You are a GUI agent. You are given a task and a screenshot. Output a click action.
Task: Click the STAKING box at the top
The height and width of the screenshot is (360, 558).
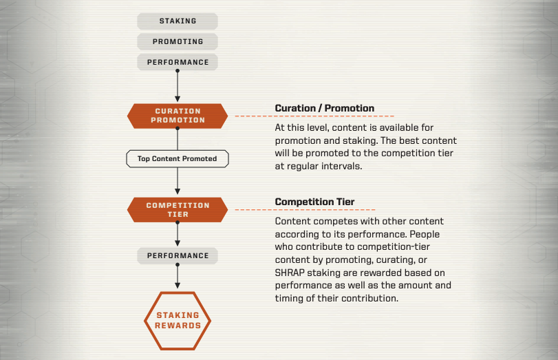point(178,21)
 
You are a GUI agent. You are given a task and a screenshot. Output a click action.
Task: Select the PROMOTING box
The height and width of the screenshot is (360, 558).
point(178,42)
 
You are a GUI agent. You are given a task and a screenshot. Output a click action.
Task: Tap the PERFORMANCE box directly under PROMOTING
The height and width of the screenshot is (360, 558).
point(178,63)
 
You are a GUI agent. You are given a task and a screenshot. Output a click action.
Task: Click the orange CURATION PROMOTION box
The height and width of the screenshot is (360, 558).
point(178,116)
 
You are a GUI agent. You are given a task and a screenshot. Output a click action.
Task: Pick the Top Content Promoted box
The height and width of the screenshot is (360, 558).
point(178,159)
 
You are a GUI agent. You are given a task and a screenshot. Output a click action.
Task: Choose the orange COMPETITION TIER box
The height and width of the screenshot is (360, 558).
point(178,210)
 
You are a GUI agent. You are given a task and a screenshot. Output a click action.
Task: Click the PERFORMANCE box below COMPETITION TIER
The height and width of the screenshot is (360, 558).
point(178,255)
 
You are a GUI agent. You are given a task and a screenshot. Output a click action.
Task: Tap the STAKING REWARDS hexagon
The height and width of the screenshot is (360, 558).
point(178,321)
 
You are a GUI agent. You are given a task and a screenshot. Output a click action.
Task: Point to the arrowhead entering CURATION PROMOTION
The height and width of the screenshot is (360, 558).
point(178,98)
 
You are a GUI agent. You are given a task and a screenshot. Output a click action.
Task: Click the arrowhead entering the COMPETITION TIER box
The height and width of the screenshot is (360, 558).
point(178,191)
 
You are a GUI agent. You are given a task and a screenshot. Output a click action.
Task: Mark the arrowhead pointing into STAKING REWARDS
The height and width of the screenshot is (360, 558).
point(178,285)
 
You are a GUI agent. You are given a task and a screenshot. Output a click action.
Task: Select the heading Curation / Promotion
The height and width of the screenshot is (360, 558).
point(325,108)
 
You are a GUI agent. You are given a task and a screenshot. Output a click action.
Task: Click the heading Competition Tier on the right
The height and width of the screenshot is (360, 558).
point(314,202)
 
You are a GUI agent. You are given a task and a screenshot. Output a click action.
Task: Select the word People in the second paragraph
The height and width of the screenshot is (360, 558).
point(425,234)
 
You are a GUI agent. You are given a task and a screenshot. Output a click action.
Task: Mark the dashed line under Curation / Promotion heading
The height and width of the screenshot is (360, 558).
point(314,116)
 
